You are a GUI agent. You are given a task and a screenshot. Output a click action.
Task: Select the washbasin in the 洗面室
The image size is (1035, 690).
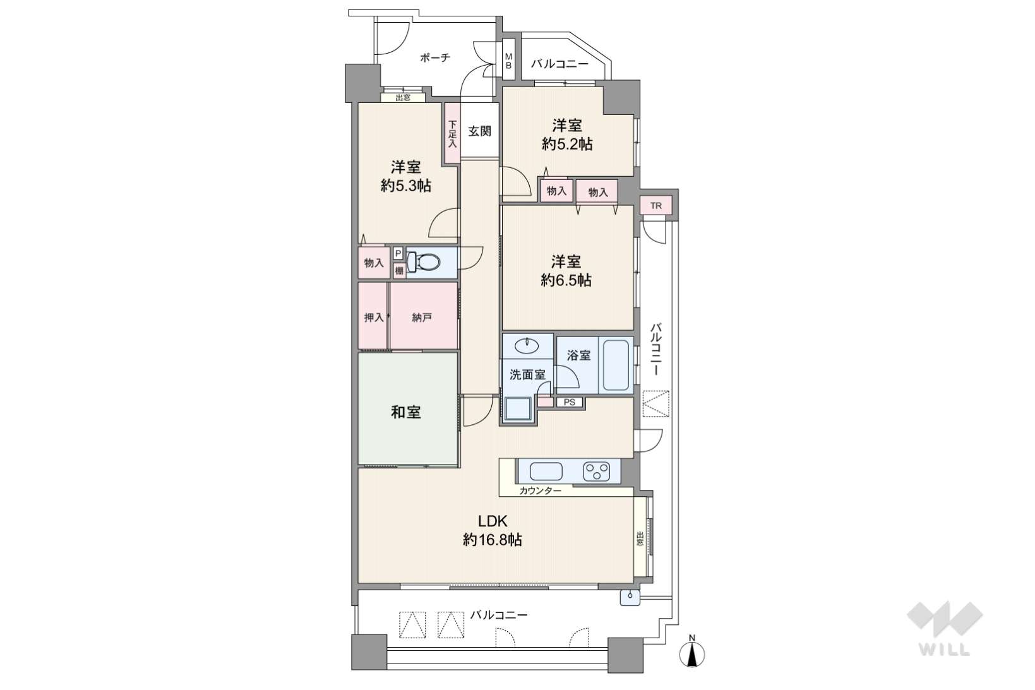coord(527,345)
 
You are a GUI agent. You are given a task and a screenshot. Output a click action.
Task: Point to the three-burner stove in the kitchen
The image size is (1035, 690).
coord(597,472)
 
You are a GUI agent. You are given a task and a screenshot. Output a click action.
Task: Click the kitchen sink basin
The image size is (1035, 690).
coord(546,472)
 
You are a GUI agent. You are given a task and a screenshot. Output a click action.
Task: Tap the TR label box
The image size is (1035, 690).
coord(655,206)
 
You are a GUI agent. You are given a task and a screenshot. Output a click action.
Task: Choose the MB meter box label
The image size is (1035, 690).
coord(508,61)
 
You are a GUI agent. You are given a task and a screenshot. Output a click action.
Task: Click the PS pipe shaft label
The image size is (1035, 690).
coord(569,402)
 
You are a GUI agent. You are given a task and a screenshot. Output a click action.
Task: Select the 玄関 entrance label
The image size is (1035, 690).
coord(480,131)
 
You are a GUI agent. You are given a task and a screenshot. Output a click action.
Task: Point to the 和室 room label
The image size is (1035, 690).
coord(405,412)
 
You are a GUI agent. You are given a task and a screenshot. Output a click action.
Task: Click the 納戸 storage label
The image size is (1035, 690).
coord(422,318)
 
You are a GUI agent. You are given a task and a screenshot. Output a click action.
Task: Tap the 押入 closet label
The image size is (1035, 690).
coord(374,318)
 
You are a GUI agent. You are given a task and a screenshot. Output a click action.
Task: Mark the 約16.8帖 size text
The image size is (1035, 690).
coord(493,540)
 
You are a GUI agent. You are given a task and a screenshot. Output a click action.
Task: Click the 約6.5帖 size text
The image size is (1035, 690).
coord(566,280)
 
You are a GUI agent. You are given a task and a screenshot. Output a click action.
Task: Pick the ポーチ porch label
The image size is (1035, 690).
coord(435,57)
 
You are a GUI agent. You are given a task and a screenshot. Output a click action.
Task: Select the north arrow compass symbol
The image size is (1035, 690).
coord(691,652)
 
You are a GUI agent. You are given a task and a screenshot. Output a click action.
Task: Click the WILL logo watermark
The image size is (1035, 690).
coord(945,628)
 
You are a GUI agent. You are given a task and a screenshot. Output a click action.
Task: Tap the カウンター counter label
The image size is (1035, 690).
coord(540,491)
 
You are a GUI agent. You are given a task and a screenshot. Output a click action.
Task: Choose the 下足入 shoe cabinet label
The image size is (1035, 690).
coord(452,134)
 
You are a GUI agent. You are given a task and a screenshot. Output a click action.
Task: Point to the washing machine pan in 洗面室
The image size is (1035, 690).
coord(518,408)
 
